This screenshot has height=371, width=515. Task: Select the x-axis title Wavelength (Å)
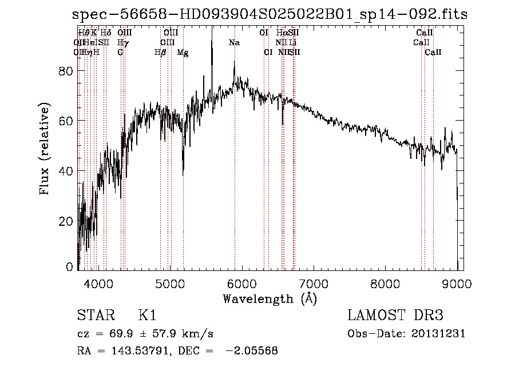click(x=270, y=298)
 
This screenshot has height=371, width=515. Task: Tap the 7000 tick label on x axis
click(x=314, y=283)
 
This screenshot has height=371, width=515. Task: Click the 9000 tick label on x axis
click(x=457, y=283)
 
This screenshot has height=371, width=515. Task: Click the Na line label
click(x=234, y=43)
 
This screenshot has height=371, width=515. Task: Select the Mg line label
click(x=183, y=53)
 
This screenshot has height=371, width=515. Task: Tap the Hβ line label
click(x=160, y=53)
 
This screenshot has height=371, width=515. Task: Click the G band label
click(x=121, y=53)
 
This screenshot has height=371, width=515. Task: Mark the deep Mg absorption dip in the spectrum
click(x=183, y=171)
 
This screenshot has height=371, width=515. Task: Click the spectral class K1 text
click(x=147, y=316)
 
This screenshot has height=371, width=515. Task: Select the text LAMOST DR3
click(x=395, y=316)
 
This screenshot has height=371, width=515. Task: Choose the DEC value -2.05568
click(x=251, y=351)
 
